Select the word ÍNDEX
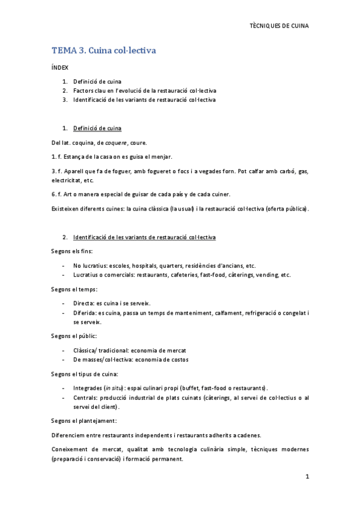[59, 68]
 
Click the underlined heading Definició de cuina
[97, 128]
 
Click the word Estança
[76, 156]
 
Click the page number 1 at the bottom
[307, 477]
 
